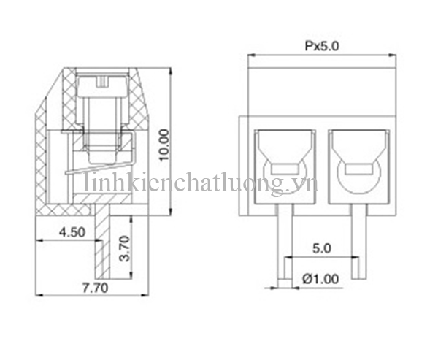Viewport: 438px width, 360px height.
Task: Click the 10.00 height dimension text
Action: pos(164,144)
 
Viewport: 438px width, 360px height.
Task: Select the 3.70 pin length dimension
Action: pos(124,249)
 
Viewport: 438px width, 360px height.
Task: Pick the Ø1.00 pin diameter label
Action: pos(320,278)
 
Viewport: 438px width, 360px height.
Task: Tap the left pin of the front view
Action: pos(285,241)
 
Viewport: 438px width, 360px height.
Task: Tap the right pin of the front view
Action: pos(358,241)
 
